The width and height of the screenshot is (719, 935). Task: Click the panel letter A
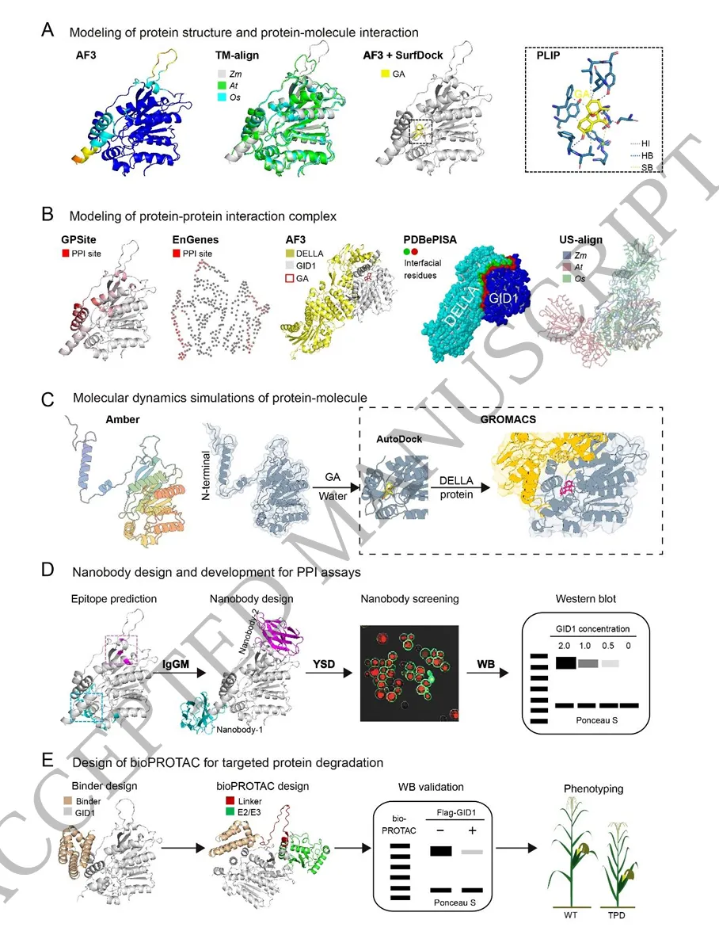[48, 31]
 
